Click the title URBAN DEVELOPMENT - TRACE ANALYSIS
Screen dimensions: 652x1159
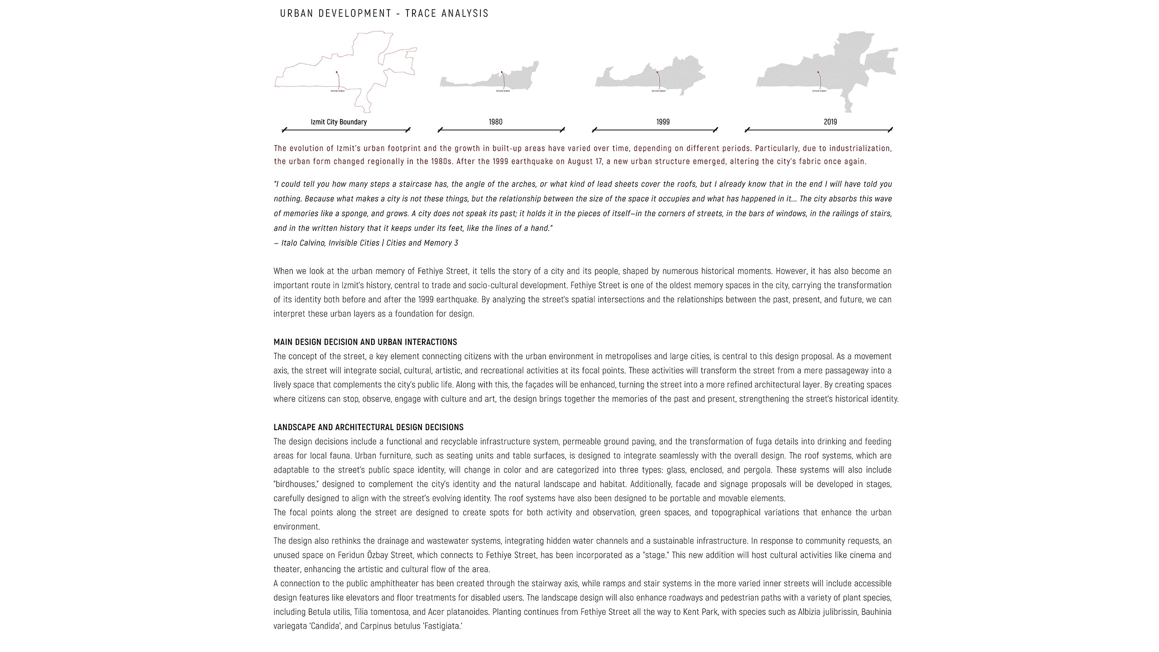pos(384,14)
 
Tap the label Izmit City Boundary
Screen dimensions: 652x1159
pos(339,122)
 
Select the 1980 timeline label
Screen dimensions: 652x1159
pos(495,122)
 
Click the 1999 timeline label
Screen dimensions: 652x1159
pos(663,122)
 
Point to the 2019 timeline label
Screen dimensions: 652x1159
pos(830,122)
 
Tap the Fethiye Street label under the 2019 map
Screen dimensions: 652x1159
pos(819,91)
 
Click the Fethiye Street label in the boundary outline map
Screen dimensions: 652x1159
pos(338,91)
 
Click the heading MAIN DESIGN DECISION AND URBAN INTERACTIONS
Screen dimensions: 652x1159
pos(365,342)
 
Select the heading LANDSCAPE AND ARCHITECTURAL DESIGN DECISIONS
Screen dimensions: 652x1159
pos(369,427)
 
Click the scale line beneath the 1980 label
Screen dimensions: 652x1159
pos(501,130)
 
